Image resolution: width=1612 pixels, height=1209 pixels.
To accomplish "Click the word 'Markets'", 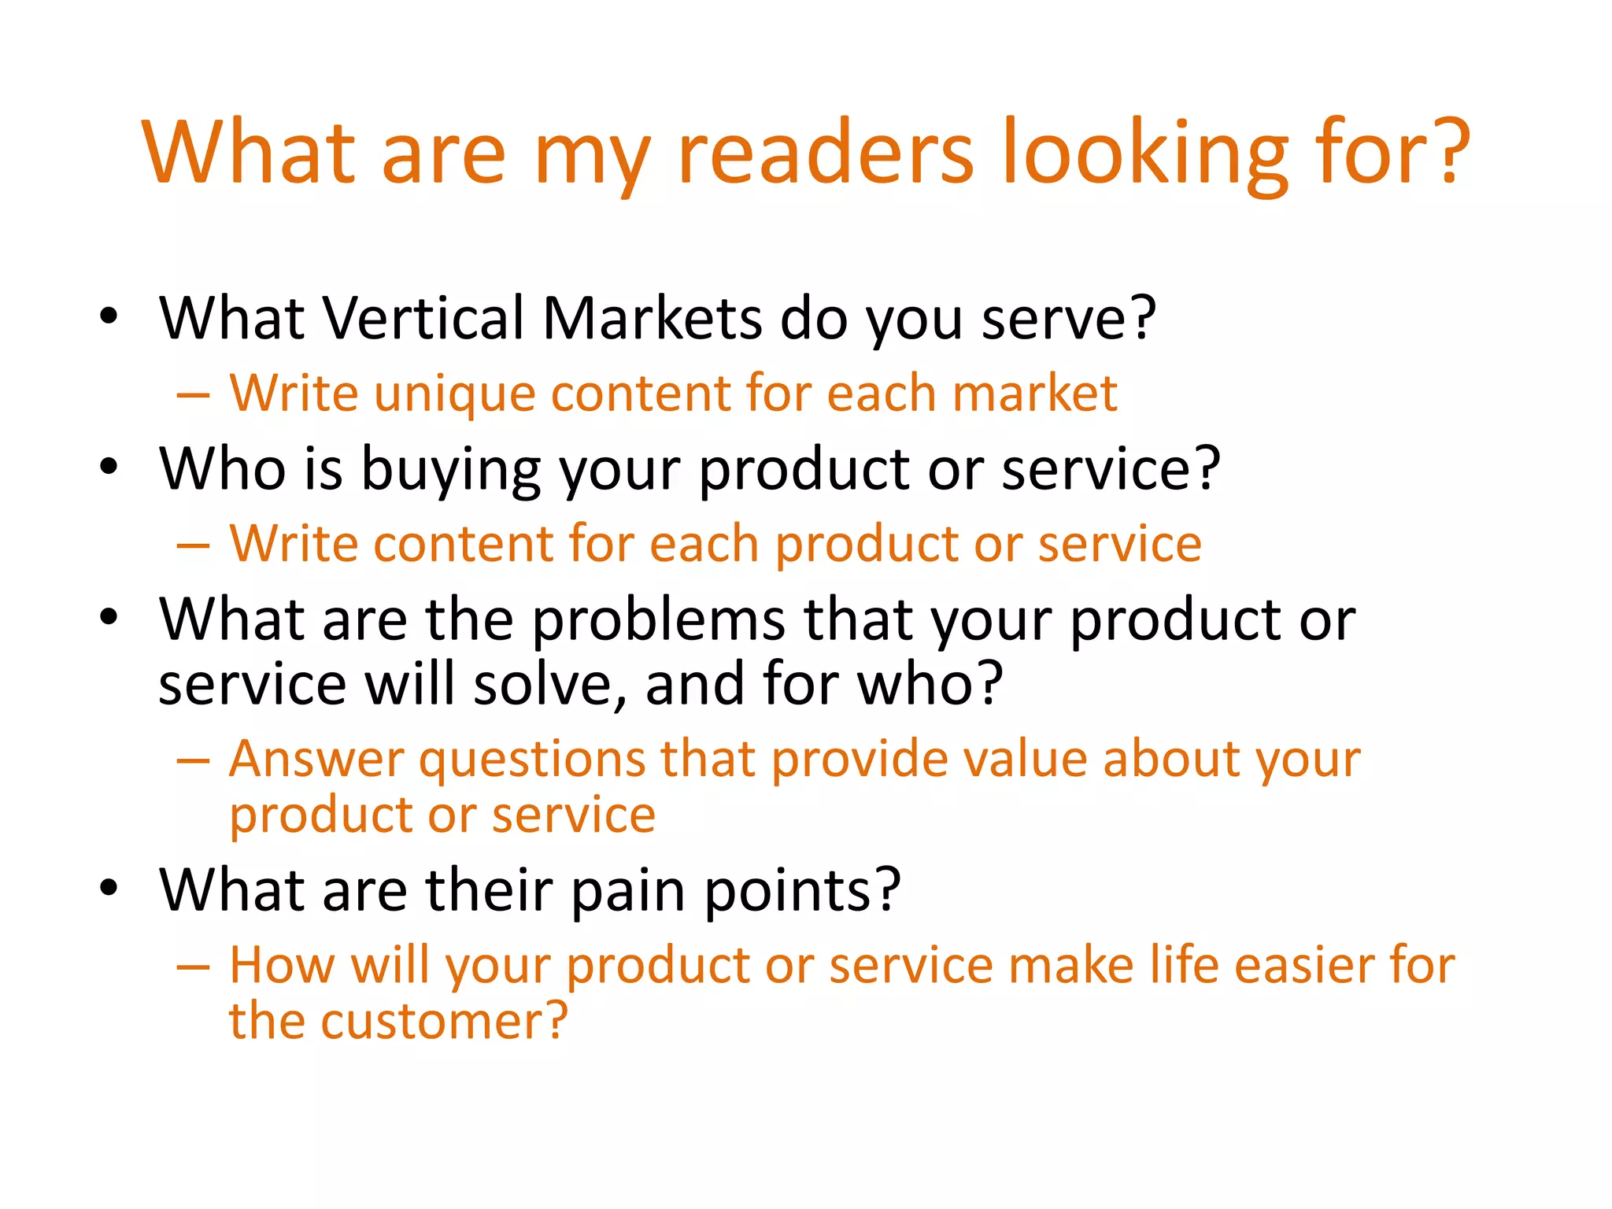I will tap(653, 318).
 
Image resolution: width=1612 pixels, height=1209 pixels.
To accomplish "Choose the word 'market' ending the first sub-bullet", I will tap(1034, 393).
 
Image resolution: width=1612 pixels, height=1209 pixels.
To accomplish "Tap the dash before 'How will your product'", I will tap(194, 967).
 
